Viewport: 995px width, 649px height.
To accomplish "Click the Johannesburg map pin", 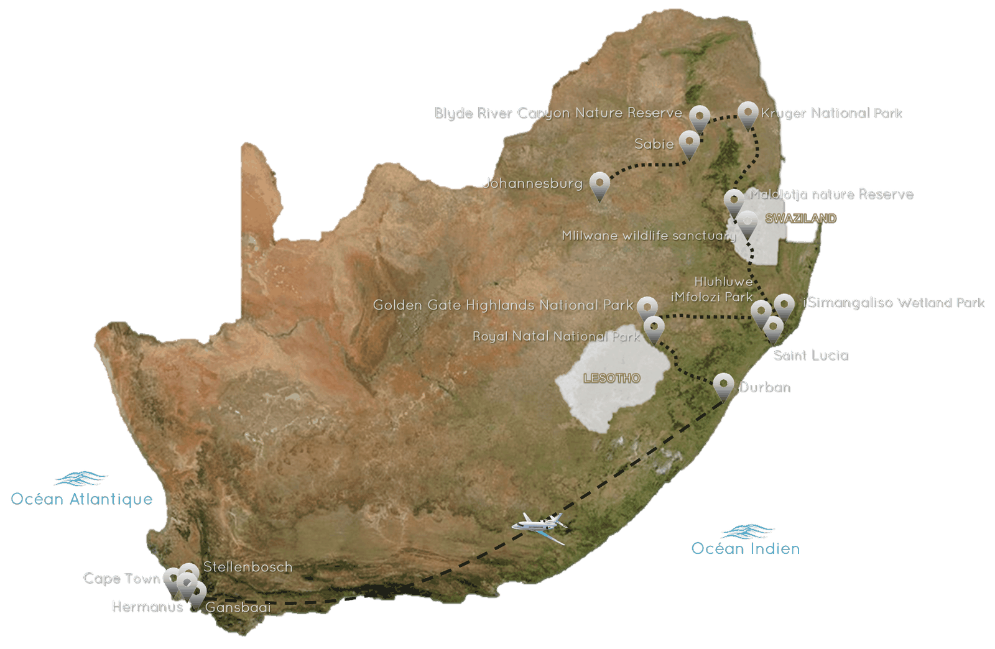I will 599,184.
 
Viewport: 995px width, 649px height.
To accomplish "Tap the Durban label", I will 764,387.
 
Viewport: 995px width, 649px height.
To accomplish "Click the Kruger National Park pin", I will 748,113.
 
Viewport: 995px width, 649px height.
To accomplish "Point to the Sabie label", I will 654,144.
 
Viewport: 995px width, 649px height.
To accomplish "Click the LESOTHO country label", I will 611,378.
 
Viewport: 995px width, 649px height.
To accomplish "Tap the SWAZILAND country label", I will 800,218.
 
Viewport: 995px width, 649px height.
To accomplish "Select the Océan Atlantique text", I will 81,499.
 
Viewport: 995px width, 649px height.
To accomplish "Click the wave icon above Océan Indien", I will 747,532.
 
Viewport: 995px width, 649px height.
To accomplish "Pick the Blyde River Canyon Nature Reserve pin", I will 700,117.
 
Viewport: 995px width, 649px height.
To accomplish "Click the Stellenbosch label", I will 248,567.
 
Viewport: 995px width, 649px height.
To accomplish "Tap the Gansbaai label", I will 238,607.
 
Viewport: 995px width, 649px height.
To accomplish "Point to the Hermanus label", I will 147,606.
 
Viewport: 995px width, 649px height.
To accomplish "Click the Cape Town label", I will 121,578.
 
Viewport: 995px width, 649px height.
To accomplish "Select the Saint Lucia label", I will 810,355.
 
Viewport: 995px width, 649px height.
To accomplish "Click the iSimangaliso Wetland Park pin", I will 784,305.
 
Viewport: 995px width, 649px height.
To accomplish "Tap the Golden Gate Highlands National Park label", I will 502,305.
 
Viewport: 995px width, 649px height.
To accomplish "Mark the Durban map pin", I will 723,384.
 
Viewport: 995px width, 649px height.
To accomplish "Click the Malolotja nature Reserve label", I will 831,194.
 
